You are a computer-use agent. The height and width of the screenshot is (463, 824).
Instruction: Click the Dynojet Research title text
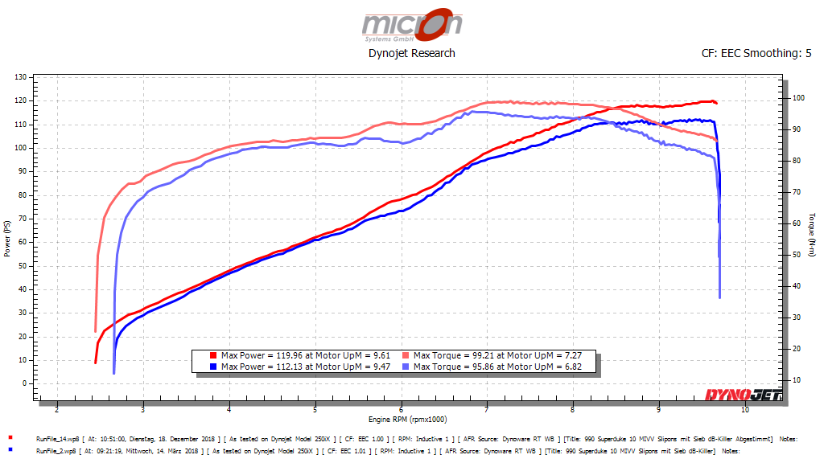[x=412, y=53]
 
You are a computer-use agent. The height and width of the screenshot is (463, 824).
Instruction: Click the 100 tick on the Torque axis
[x=798, y=97]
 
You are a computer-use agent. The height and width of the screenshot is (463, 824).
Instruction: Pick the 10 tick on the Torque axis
[x=797, y=379]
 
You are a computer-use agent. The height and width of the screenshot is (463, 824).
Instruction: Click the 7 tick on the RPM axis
[x=487, y=409]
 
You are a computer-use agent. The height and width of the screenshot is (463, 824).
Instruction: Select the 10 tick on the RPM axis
[x=744, y=409]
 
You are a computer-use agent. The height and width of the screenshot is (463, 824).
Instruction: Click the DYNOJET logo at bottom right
[x=742, y=394]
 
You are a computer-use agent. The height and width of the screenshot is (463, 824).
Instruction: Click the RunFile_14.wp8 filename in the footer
[x=57, y=439]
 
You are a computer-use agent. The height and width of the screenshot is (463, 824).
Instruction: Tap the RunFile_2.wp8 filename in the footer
[x=56, y=452]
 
